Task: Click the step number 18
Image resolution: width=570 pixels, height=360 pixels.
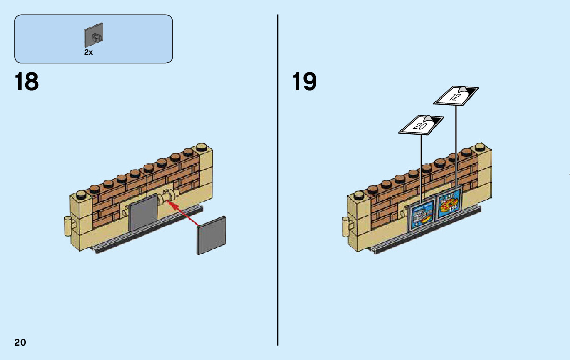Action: [x=27, y=82]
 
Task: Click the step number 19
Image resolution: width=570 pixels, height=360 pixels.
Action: [x=305, y=82]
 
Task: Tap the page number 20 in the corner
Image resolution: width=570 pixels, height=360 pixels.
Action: [x=20, y=342]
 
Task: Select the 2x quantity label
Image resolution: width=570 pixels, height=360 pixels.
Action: [x=88, y=52]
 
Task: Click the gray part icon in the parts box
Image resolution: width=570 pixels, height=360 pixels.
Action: [x=94, y=34]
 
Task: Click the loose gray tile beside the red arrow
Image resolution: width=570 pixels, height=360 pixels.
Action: [x=211, y=235]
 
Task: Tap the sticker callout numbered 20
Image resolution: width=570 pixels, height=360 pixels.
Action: [x=421, y=125]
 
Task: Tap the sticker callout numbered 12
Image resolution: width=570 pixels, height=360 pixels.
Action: [x=455, y=95]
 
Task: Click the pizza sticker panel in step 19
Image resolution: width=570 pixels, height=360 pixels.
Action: [x=449, y=204]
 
